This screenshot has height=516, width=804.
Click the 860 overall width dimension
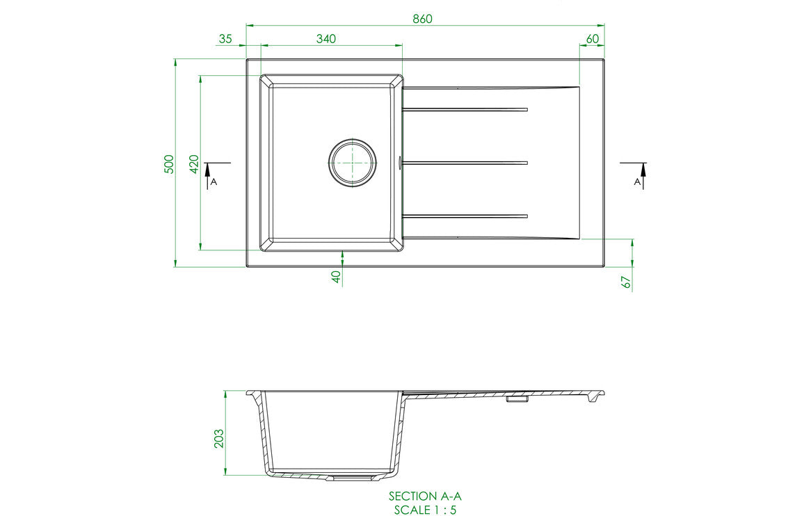422,19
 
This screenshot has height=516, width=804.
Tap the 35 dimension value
225,39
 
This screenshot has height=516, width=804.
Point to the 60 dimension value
593,39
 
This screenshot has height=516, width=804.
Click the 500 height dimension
168,163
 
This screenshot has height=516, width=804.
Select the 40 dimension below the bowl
336,277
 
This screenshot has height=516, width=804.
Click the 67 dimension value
626,282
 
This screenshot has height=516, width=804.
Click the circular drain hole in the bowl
352,162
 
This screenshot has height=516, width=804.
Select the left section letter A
214,182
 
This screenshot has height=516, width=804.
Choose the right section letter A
638,182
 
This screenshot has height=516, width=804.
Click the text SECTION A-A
424,496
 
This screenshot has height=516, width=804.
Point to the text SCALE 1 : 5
424,509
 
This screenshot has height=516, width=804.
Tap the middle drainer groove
466,163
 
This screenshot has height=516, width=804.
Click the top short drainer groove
466,109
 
